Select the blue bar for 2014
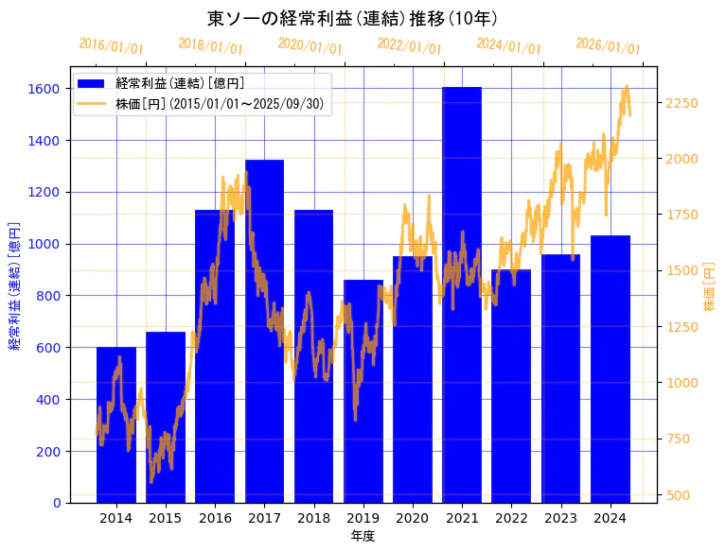(x=116, y=424)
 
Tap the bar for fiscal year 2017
(x=264, y=331)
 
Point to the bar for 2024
(x=611, y=369)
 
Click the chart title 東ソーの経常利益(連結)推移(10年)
(x=352, y=18)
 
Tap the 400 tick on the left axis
(x=49, y=400)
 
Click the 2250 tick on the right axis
(x=682, y=103)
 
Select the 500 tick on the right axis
(x=678, y=494)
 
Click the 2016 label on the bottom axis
(x=215, y=518)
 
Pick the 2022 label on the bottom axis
(x=511, y=518)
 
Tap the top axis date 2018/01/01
(x=210, y=46)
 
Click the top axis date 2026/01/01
(x=608, y=46)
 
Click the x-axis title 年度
(x=363, y=536)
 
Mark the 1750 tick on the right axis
(x=682, y=215)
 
